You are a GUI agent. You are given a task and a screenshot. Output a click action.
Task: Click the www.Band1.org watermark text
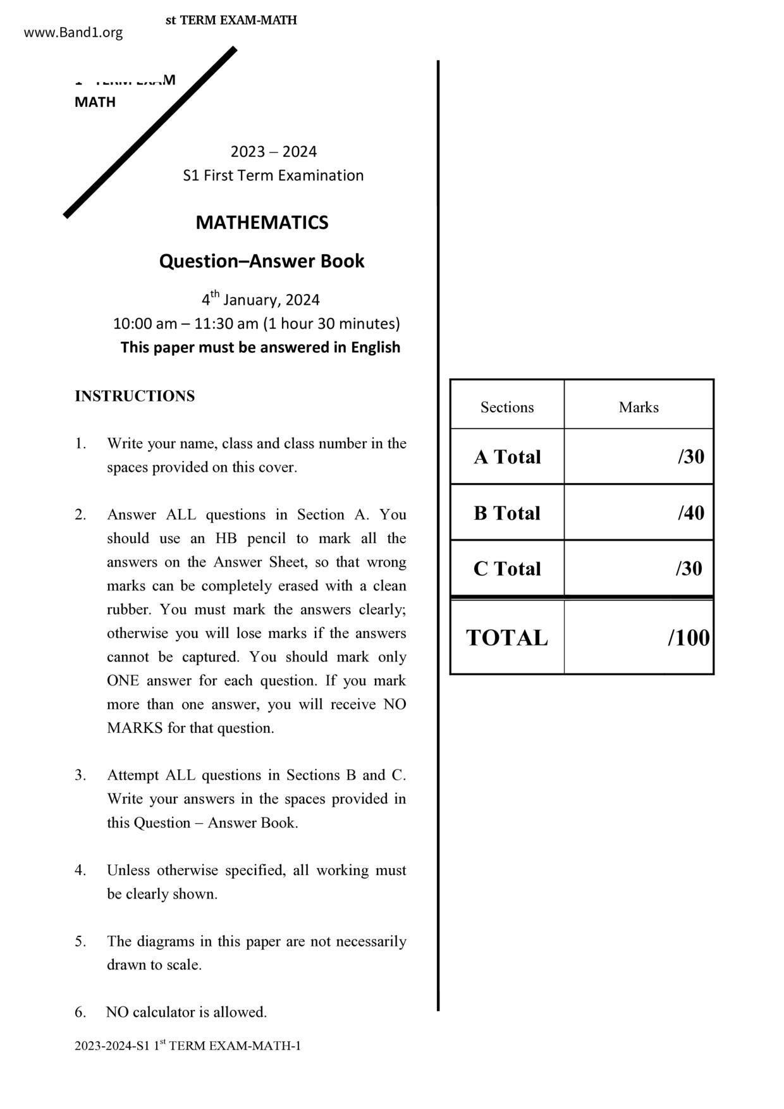pyautogui.click(x=73, y=33)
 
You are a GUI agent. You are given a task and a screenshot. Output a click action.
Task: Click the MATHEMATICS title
pyautogui.click(x=262, y=223)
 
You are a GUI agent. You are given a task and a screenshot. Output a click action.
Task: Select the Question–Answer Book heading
pyautogui.click(x=262, y=261)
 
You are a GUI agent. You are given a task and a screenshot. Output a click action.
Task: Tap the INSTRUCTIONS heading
pyautogui.click(x=135, y=396)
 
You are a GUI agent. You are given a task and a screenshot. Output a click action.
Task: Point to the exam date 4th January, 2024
pyautogui.click(x=260, y=299)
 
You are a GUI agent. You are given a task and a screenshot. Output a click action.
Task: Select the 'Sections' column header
pyautogui.click(x=507, y=407)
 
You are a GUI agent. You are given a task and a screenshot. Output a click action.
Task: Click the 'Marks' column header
pyautogui.click(x=639, y=407)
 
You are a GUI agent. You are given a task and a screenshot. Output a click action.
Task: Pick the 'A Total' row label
pyautogui.click(x=507, y=457)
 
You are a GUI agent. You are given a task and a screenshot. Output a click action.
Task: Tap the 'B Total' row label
pyautogui.click(x=507, y=513)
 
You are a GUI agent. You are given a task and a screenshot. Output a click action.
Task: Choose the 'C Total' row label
pyautogui.click(x=507, y=568)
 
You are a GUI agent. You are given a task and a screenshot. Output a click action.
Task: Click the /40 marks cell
pyautogui.click(x=690, y=513)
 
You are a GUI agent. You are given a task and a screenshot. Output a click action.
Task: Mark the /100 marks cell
pyautogui.click(x=689, y=637)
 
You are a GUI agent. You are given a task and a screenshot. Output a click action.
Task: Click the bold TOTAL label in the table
pyautogui.click(x=507, y=637)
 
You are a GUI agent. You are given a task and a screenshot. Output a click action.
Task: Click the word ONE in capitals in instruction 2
pyautogui.click(x=122, y=681)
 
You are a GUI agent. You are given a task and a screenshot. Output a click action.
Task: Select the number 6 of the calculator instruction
pyautogui.click(x=80, y=1012)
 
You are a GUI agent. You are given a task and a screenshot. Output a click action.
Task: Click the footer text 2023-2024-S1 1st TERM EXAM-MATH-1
pyautogui.click(x=188, y=1046)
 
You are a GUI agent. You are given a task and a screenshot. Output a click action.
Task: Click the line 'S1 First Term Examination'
pyautogui.click(x=273, y=176)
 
